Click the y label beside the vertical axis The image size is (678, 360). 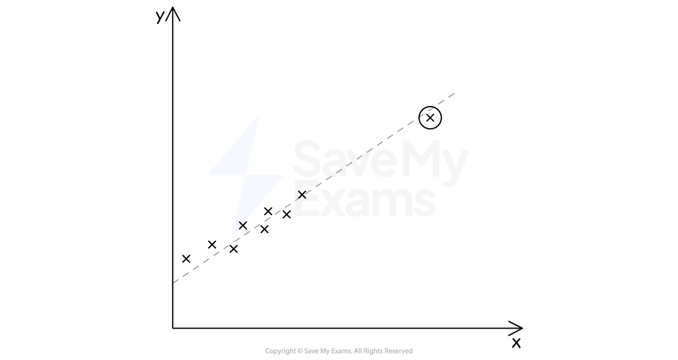pos(160,17)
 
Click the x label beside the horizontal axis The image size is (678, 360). pos(517,343)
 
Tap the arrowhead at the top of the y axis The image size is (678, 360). pos(173,14)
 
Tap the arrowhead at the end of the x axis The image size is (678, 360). pos(516,328)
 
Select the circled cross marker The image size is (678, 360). pos(430,118)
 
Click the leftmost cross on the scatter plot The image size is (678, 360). pos(186,259)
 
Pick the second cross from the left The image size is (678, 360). pos(212,245)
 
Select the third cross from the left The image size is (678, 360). pos(234,249)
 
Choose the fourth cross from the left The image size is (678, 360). pos(243,226)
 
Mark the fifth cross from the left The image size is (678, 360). pos(264,229)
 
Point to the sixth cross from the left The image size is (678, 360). pos(268,211)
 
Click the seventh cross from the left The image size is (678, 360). pos(286,214)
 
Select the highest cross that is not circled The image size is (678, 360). pos(302,195)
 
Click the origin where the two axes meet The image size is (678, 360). pos(173,328)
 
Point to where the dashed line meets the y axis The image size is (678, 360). pos(173,283)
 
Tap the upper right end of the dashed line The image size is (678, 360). pos(454,93)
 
